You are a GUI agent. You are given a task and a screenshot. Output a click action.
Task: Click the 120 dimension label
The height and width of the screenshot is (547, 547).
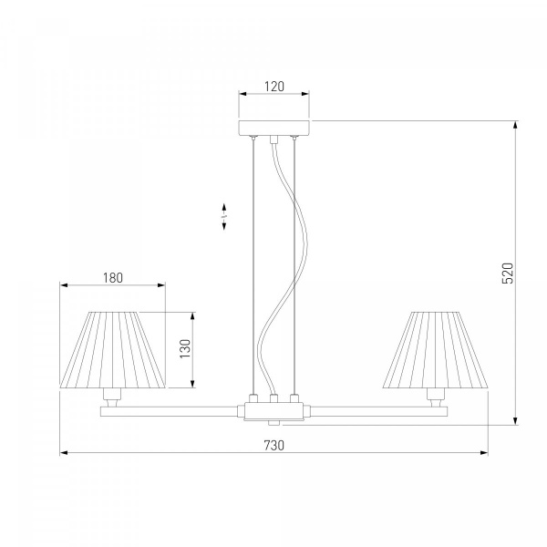(274, 87)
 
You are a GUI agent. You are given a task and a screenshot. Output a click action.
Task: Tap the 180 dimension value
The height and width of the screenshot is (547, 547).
(113, 278)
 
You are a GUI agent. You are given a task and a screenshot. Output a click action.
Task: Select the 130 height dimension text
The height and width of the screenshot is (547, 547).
(185, 348)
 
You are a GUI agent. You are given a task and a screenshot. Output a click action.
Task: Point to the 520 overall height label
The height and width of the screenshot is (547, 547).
(508, 273)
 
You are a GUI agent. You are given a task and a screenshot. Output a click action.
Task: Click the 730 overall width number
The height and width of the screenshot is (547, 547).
(273, 446)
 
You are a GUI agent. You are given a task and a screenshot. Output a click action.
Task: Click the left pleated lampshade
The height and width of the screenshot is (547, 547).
(112, 350)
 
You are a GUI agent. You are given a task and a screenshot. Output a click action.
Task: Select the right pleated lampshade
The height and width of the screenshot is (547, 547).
(436, 350)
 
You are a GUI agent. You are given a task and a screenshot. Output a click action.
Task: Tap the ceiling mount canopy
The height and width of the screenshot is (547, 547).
(273, 128)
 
